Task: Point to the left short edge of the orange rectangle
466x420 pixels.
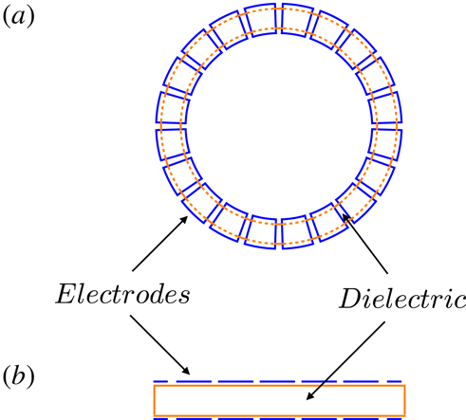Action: (154, 400)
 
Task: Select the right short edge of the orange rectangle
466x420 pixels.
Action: (405, 400)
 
